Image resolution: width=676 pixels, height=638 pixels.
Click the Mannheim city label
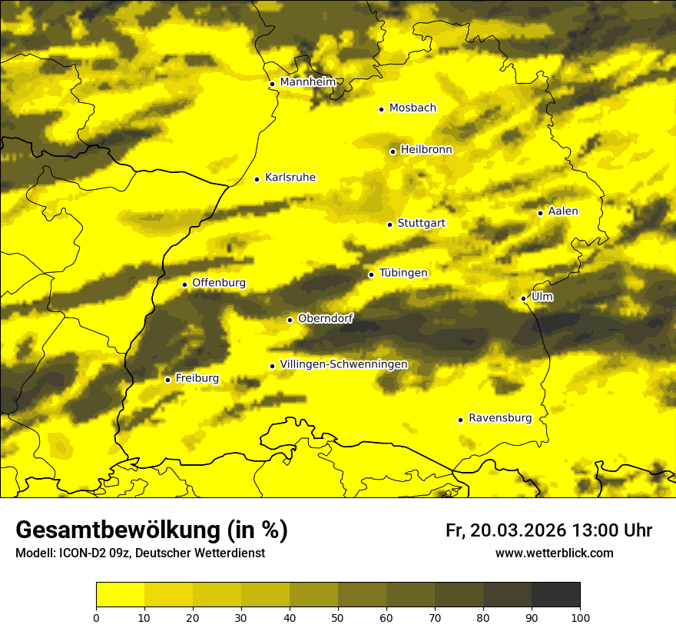point(308,82)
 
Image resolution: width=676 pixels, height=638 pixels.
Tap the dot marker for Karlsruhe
point(257,179)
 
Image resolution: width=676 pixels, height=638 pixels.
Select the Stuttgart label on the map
point(422,224)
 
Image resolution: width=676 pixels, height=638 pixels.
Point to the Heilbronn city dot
point(393,151)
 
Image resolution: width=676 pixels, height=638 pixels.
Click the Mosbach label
point(413,108)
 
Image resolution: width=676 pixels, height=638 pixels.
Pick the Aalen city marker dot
point(540,213)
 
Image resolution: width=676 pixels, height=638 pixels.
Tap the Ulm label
point(542,297)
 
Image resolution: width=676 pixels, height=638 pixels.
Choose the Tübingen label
point(403,273)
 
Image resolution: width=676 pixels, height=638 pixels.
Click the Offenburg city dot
point(184,284)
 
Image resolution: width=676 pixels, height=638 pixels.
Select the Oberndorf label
point(326,318)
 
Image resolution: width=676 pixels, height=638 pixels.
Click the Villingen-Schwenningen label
point(344,364)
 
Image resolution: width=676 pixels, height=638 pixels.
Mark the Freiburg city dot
point(167,380)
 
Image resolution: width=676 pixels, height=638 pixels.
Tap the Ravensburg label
point(500,418)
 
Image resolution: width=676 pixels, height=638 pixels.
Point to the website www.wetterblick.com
point(555,553)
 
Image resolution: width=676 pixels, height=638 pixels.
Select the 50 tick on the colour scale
point(338,617)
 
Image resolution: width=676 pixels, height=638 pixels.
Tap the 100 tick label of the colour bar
point(580,617)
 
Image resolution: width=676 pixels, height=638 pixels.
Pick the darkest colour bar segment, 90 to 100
point(555,595)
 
